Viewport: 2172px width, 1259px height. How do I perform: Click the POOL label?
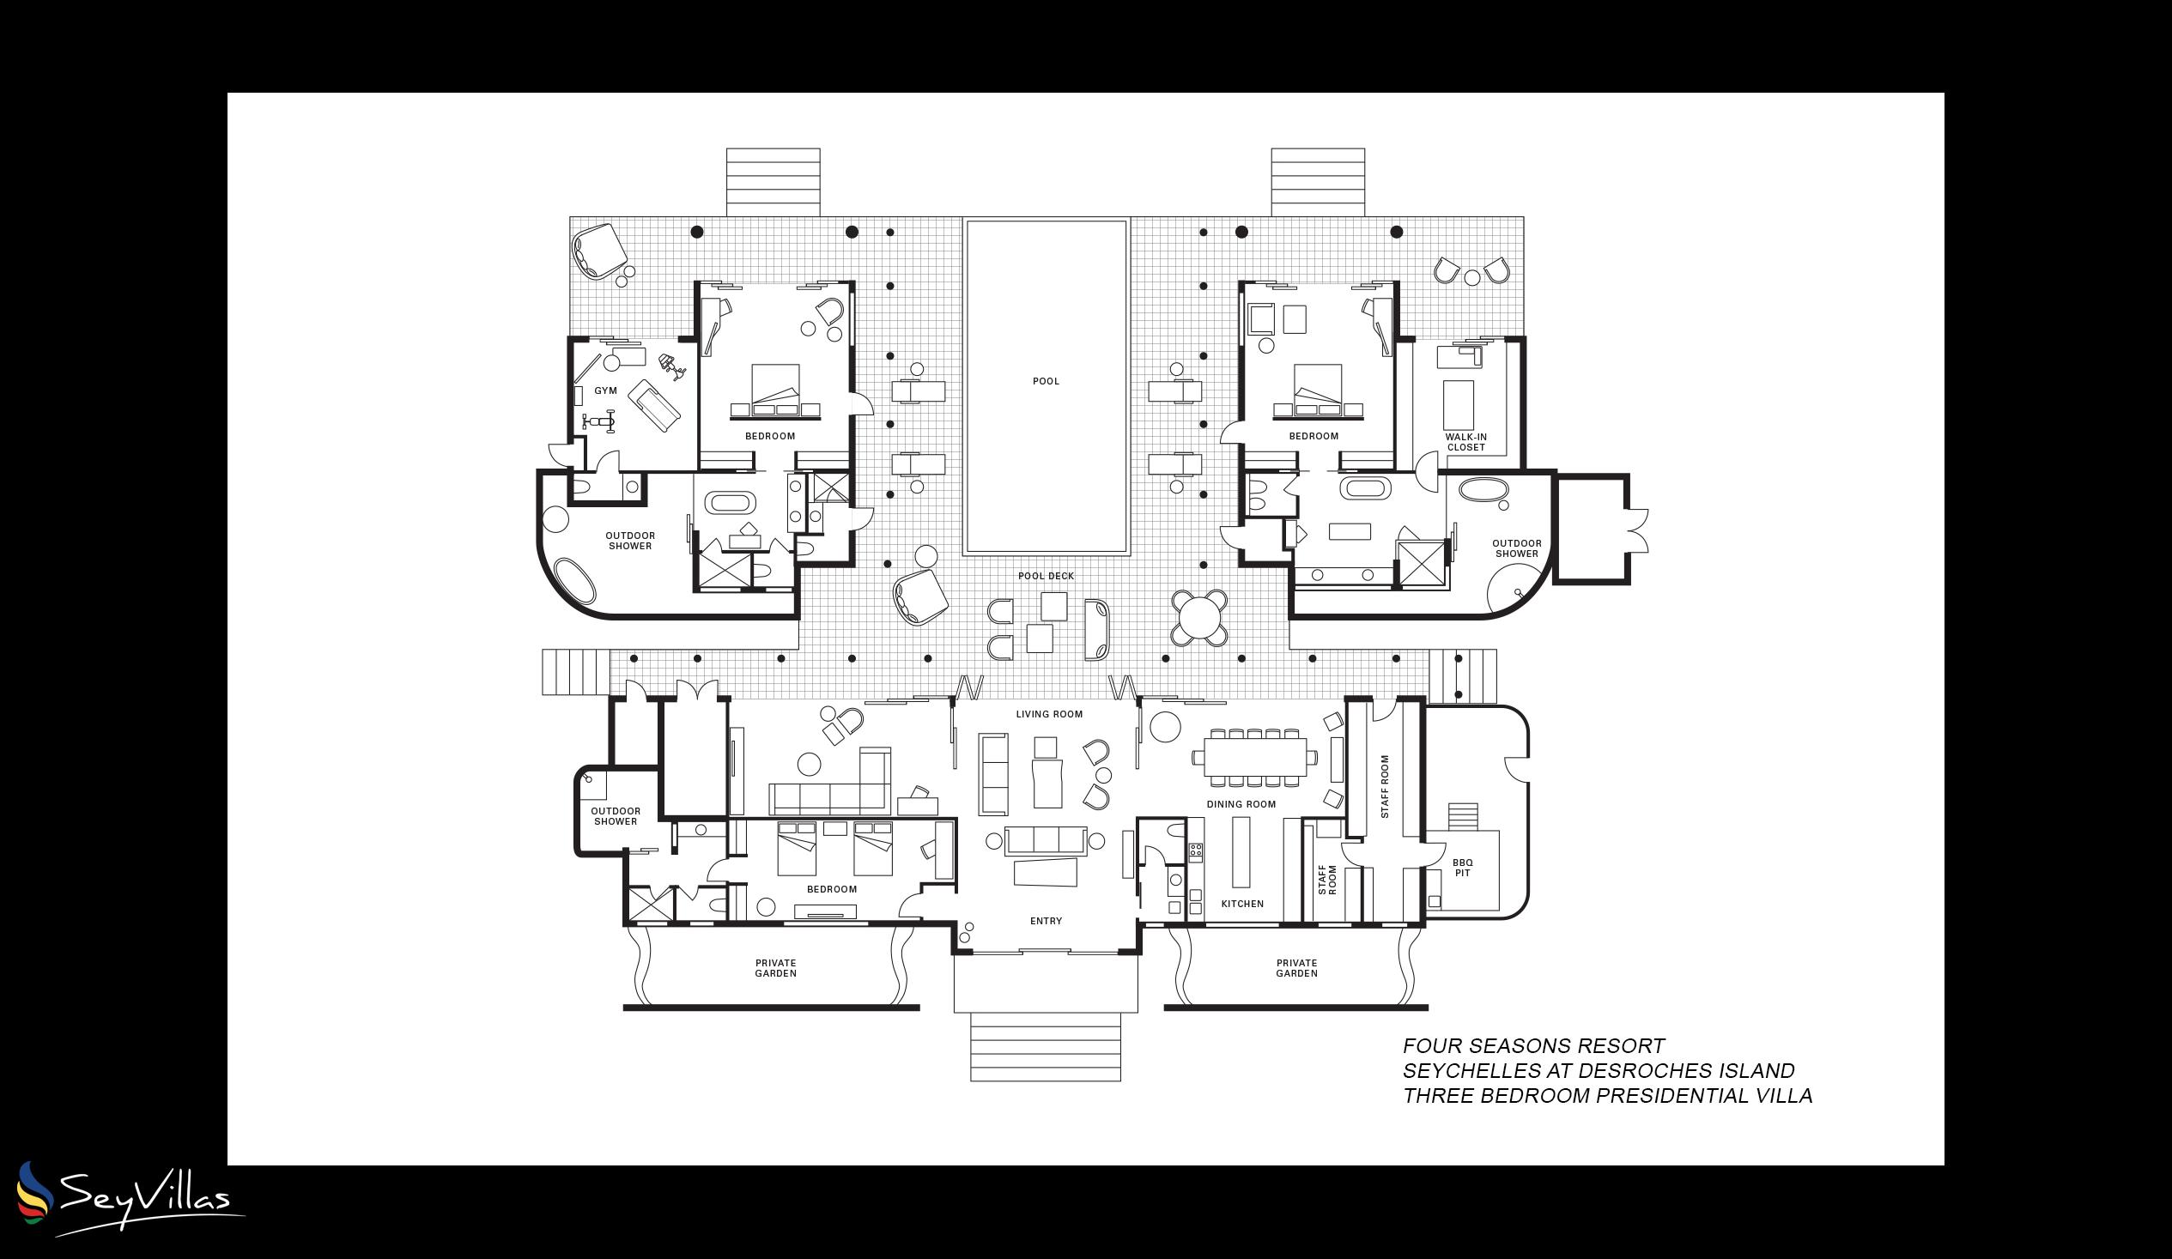(1046, 381)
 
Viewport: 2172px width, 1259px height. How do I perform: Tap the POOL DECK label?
(1046, 576)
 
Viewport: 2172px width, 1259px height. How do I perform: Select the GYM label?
(605, 390)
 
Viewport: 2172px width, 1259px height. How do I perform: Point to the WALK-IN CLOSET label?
(1465, 442)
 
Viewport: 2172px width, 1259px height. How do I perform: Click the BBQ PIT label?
(1462, 868)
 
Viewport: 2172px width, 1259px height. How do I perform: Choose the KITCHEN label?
(1242, 904)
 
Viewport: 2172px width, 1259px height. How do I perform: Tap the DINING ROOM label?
(1241, 804)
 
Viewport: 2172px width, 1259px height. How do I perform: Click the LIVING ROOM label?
(1049, 713)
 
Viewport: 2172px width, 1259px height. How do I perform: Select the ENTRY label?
(1046, 921)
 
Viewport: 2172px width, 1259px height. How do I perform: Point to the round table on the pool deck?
(1198, 617)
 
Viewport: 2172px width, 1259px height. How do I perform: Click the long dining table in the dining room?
(1254, 758)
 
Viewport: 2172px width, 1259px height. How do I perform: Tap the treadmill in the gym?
(653, 405)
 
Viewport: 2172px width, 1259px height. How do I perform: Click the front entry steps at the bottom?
(1045, 1046)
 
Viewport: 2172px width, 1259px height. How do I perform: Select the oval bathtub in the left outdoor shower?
(574, 581)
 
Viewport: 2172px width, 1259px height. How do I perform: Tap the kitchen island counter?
(1241, 851)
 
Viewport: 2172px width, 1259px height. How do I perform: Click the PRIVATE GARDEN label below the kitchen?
(1296, 968)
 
